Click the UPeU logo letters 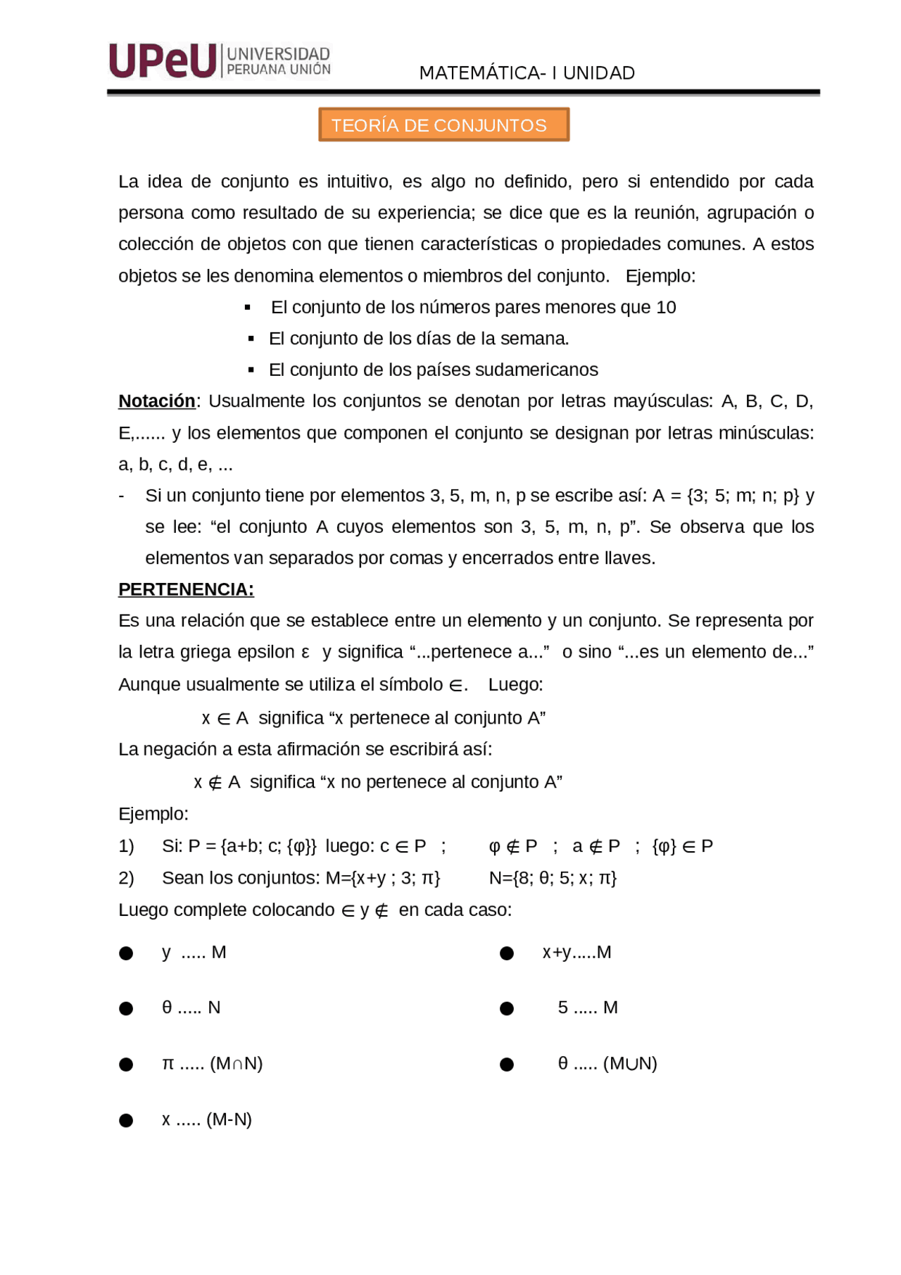[163, 61]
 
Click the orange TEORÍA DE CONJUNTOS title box [443, 125]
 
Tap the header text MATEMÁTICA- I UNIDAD [527, 73]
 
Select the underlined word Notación [156, 401]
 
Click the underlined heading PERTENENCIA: [186, 589]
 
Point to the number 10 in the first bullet [666, 307]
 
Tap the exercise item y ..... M [194, 953]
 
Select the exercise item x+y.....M [576, 953]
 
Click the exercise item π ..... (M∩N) [212, 1063]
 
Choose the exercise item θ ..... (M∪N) [607, 1063]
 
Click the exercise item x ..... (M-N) [206, 1119]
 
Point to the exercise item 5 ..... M [588, 1007]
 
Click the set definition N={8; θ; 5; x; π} [553, 878]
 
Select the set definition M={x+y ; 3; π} [383, 878]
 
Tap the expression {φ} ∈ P [682, 846]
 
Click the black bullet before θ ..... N [126, 1009]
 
